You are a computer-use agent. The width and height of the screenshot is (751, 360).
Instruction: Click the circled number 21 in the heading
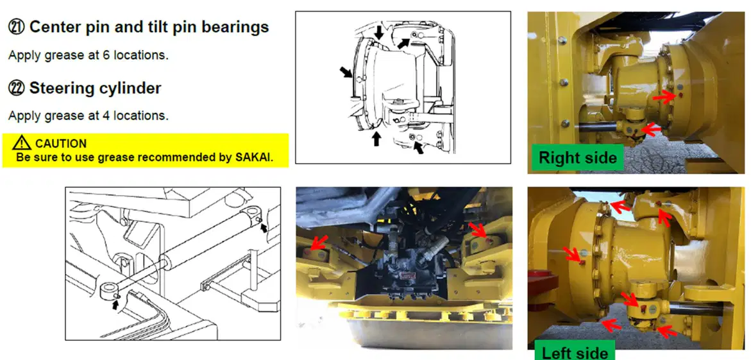pos(17,28)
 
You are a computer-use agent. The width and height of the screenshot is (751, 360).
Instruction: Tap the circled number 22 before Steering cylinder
pos(17,88)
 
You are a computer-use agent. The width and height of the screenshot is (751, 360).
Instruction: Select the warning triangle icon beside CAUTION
pos(22,142)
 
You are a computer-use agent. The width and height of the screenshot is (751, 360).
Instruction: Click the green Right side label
pos(578,157)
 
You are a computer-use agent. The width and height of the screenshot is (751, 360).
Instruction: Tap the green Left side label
pos(574,352)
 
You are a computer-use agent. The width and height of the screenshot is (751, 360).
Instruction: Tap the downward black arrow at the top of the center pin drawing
pos(379,33)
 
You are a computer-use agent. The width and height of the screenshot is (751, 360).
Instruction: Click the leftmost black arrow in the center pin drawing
pos(346,73)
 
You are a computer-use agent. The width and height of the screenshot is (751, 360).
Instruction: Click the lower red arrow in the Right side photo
pos(652,128)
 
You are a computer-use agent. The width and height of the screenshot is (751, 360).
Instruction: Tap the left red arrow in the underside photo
pos(319,242)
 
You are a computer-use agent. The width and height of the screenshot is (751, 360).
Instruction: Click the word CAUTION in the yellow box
pos(61,143)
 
